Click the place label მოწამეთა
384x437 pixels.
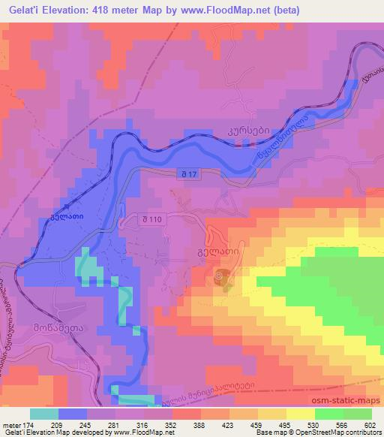click(55, 328)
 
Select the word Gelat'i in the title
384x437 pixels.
click(23, 10)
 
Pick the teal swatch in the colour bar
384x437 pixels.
click(43, 414)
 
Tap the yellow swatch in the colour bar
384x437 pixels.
click(301, 414)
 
